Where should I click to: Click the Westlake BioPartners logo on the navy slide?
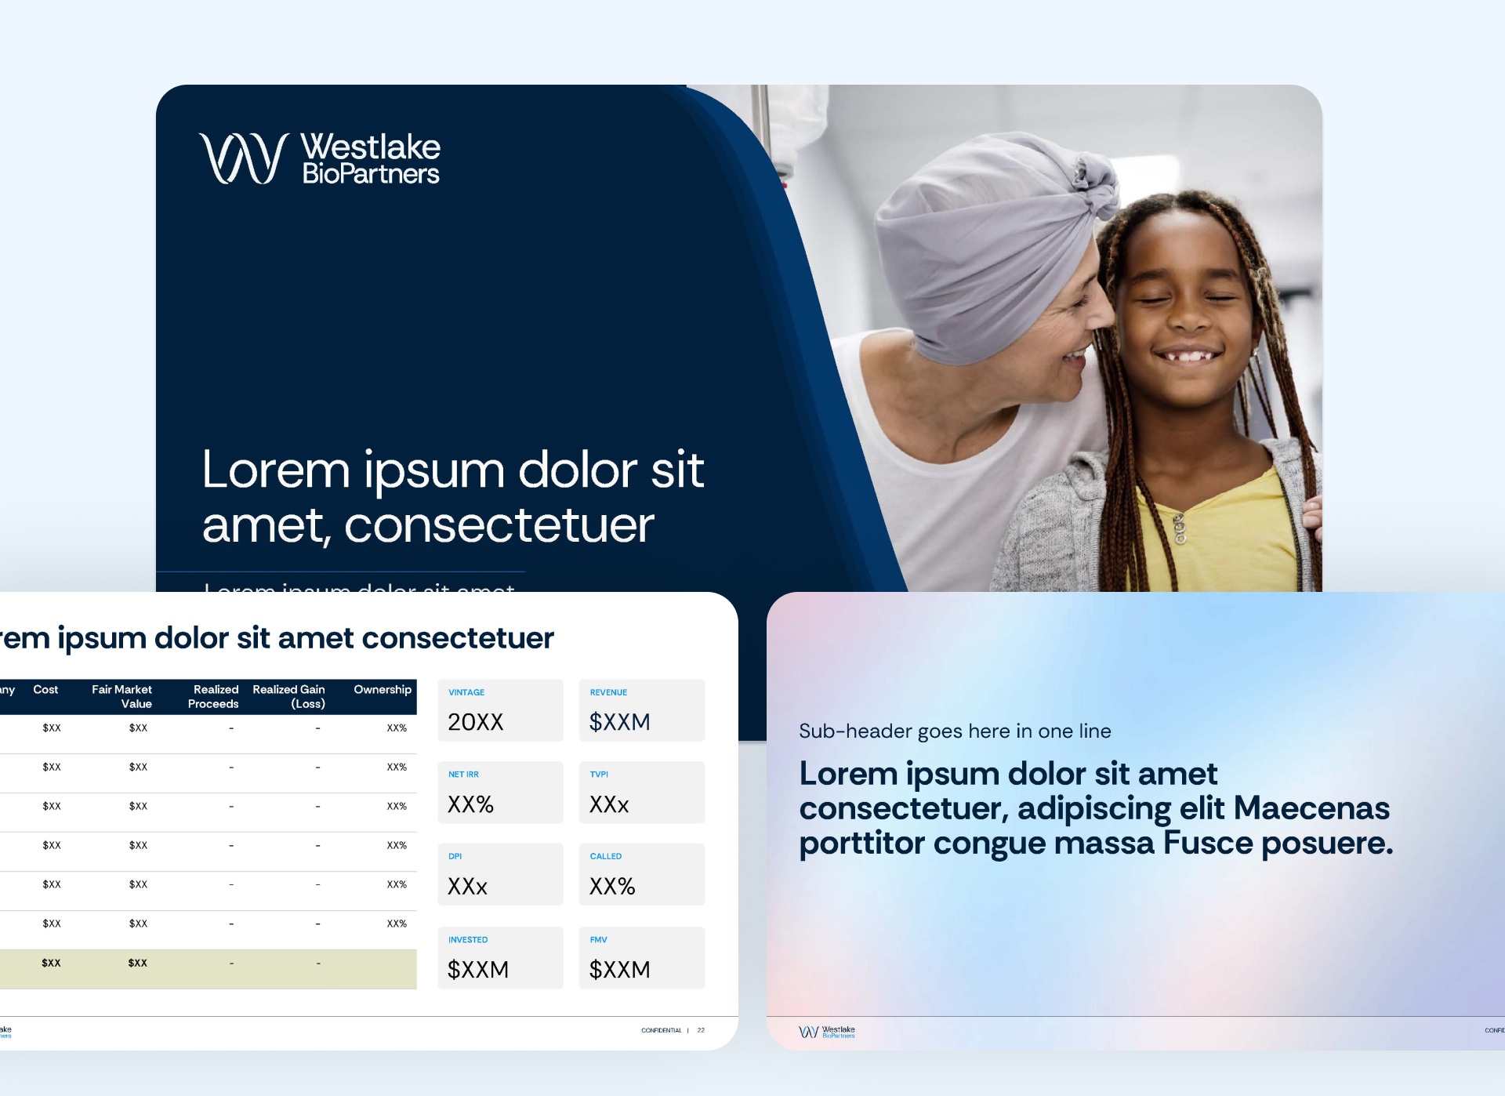pos(320,158)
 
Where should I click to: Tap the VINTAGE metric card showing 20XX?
pos(500,710)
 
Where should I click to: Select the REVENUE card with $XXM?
pos(641,710)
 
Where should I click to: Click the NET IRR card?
pos(500,793)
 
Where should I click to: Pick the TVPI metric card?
pos(641,793)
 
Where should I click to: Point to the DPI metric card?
pos(500,874)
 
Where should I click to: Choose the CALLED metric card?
pos(641,874)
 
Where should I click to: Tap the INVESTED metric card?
pos(500,957)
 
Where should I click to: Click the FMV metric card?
pos(641,957)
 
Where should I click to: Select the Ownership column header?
pos(382,690)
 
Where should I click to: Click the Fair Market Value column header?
pos(122,696)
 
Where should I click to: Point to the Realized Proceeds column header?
pos(213,696)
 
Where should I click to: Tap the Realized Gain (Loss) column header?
pos(289,696)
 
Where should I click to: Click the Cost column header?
pos(45,690)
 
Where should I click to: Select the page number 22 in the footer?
pos(701,1030)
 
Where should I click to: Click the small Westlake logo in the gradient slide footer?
pos(826,1032)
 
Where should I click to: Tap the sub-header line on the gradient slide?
pos(955,731)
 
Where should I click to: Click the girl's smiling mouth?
pos(1188,355)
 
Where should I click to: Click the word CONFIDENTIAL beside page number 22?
pos(661,1030)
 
